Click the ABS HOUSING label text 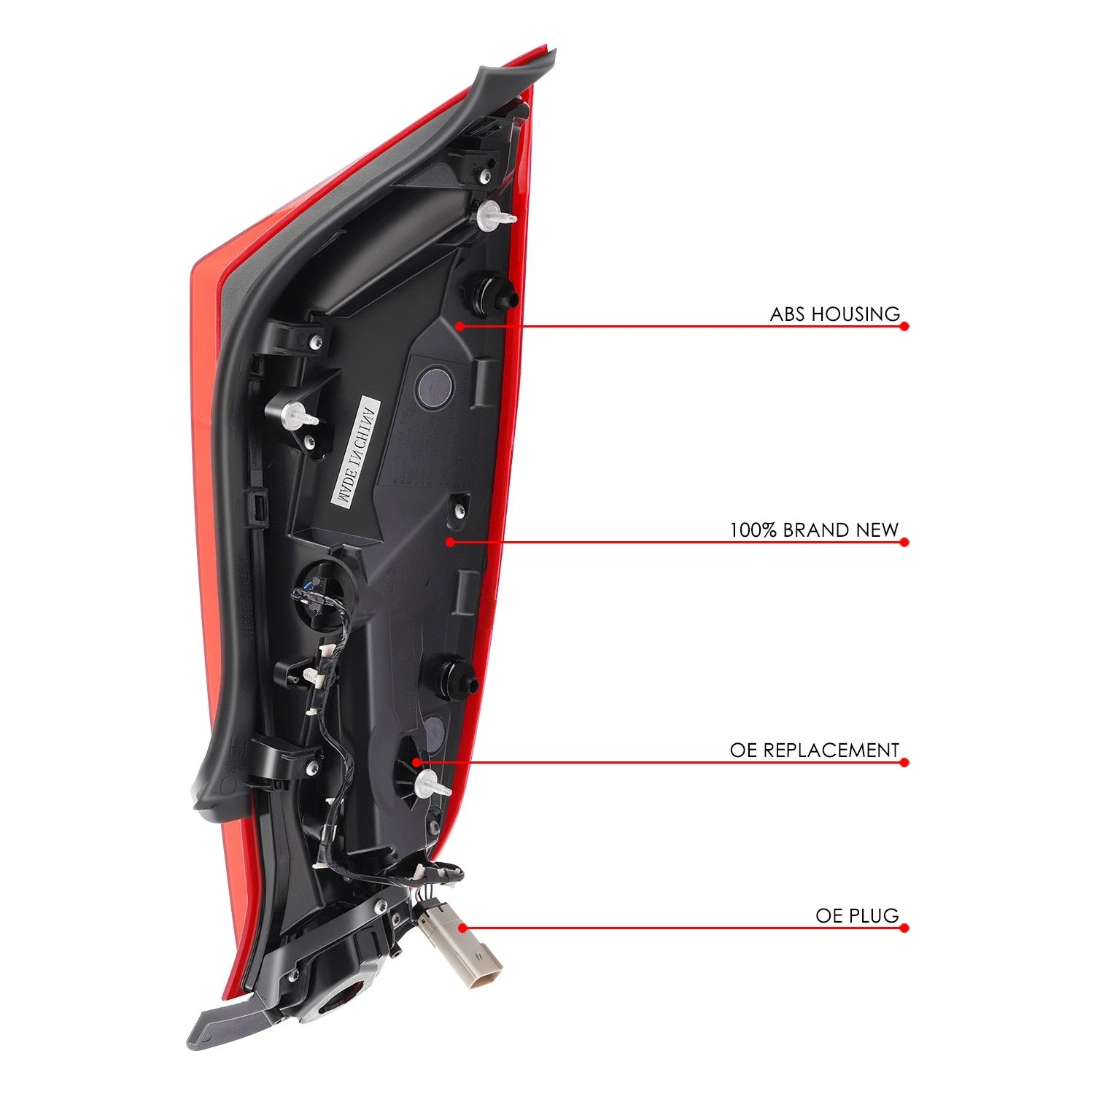[x=835, y=314]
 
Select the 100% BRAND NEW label [x=814, y=530]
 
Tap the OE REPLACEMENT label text [x=815, y=750]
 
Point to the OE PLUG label [x=858, y=916]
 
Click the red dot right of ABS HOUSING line [x=904, y=326]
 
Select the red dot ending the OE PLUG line [x=904, y=928]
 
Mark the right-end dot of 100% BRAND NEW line [x=904, y=542]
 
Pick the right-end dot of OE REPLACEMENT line [x=904, y=762]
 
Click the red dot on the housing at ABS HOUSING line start [x=459, y=326]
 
